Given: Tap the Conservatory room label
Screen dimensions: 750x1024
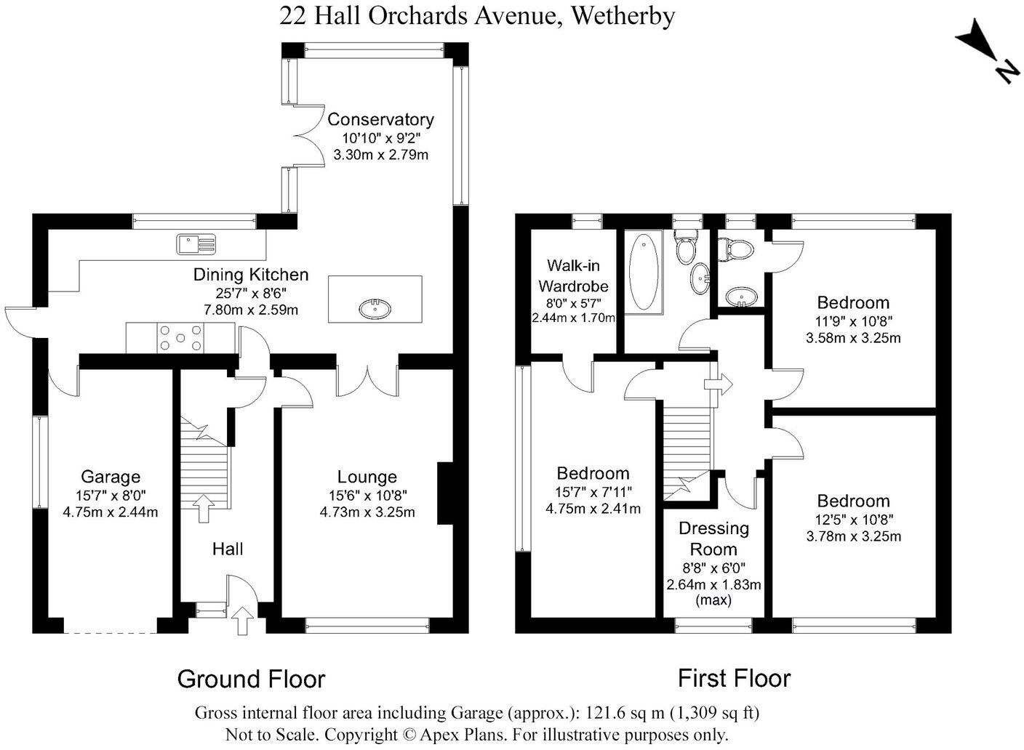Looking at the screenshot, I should (x=380, y=119).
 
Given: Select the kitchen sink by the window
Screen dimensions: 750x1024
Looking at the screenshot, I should (x=196, y=243).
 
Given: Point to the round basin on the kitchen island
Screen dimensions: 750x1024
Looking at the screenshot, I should (x=375, y=310).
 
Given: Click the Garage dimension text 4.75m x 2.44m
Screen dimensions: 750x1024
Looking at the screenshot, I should (x=111, y=512).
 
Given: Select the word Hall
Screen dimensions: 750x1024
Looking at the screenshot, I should (x=228, y=549).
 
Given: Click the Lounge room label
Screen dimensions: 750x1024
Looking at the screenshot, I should (x=367, y=477).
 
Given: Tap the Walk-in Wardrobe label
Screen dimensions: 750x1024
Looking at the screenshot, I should (x=573, y=275).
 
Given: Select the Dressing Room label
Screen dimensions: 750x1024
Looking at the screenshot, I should (x=713, y=539).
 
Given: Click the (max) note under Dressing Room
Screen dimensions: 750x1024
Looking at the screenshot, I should (x=713, y=600).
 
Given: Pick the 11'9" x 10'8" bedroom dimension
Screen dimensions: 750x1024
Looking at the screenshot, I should (x=854, y=320).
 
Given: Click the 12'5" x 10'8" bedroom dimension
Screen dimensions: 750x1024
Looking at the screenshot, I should (x=854, y=519).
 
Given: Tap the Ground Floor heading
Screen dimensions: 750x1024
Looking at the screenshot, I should (x=251, y=680).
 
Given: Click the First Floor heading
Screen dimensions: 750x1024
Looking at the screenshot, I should (x=734, y=678).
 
